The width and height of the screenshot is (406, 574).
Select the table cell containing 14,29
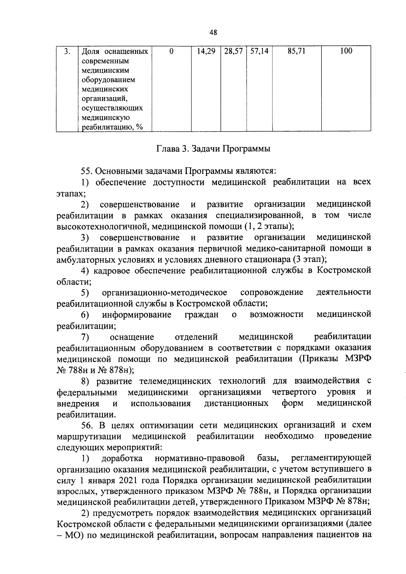[x=206, y=51]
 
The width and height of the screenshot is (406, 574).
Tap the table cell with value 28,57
[x=233, y=51]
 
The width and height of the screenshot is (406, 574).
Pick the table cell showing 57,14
[x=260, y=51]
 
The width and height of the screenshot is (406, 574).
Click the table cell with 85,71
[x=296, y=51]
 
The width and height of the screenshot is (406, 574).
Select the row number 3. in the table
[x=67, y=51]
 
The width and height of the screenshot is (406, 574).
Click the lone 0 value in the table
[x=172, y=51]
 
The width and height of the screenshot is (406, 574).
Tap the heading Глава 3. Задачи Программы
[x=213, y=149]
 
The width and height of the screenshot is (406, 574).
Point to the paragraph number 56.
[x=87, y=425]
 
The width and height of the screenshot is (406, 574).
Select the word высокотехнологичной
[x=104, y=226]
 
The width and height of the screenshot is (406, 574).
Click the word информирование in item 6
[x=137, y=315]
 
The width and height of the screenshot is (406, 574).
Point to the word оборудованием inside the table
[x=108, y=80]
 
